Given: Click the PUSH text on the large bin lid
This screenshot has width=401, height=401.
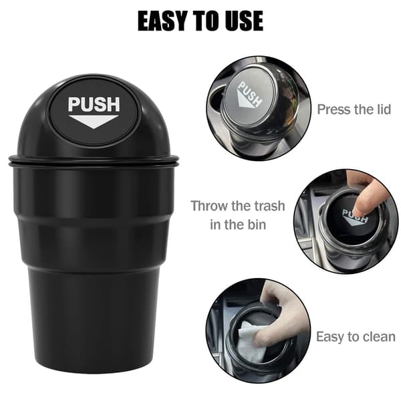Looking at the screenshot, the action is coord(94,104).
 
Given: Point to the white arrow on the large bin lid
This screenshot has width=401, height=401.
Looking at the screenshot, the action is coord(94,122).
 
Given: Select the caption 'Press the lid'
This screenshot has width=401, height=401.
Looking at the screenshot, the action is coord(354,110).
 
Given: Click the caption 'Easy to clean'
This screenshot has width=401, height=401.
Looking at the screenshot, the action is coord(356,337).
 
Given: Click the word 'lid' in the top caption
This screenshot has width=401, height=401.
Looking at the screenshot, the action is coord(382,110).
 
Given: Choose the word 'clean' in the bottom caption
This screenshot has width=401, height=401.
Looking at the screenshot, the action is coord(379,337).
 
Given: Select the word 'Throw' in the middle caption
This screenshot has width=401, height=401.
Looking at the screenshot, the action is coord(209,206).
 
